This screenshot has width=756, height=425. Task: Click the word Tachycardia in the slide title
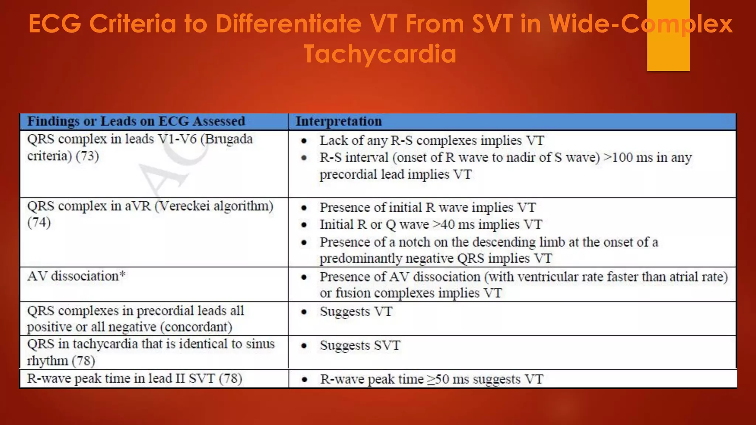click(x=380, y=54)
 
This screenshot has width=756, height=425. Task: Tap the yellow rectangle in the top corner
click(x=668, y=35)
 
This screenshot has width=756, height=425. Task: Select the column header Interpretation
click(x=339, y=121)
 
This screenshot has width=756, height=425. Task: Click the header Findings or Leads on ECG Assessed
click(x=136, y=121)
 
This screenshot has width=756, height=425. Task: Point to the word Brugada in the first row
click(x=229, y=139)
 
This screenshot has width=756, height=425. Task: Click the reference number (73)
click(x=87, y=156)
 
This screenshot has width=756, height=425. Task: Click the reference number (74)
click(x=39, y=222)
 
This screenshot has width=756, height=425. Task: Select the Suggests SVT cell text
click(x=360, y=346)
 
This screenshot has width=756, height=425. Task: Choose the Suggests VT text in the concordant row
click(x=356, y=312)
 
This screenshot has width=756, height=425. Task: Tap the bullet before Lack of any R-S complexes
click(x=304, y=141)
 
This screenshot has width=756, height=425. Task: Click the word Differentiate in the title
click(x=288, y=24)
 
